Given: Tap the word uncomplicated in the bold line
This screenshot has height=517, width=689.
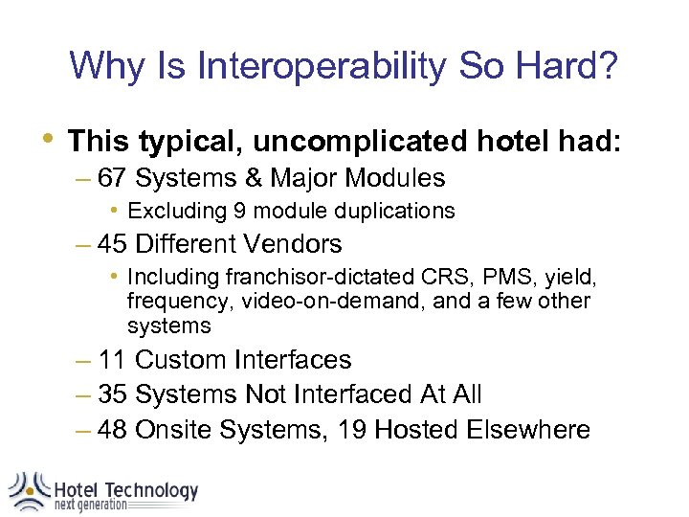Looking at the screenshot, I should coord(360,143).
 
